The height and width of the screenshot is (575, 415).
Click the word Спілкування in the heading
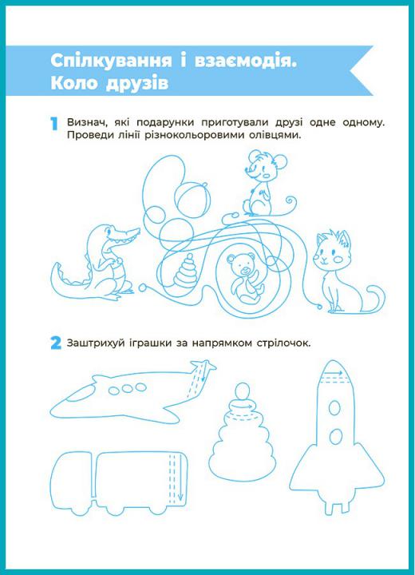coord(111,61)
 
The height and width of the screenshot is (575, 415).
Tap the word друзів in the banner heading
coord(137,83)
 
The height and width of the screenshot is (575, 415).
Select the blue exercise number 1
coord(54,124)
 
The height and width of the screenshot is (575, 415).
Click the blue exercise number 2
coord(56,343)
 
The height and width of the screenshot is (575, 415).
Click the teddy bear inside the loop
coord(245,278)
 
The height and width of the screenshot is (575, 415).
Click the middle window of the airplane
coord(127,389)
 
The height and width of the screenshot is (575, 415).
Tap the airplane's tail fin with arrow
coord(200,378)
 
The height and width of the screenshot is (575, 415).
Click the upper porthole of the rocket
coord(334,408)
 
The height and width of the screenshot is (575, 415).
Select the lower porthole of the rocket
coord(336,436)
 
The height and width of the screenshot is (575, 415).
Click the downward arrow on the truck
coord(180,478)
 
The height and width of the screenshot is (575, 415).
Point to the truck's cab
coord(72,481)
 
